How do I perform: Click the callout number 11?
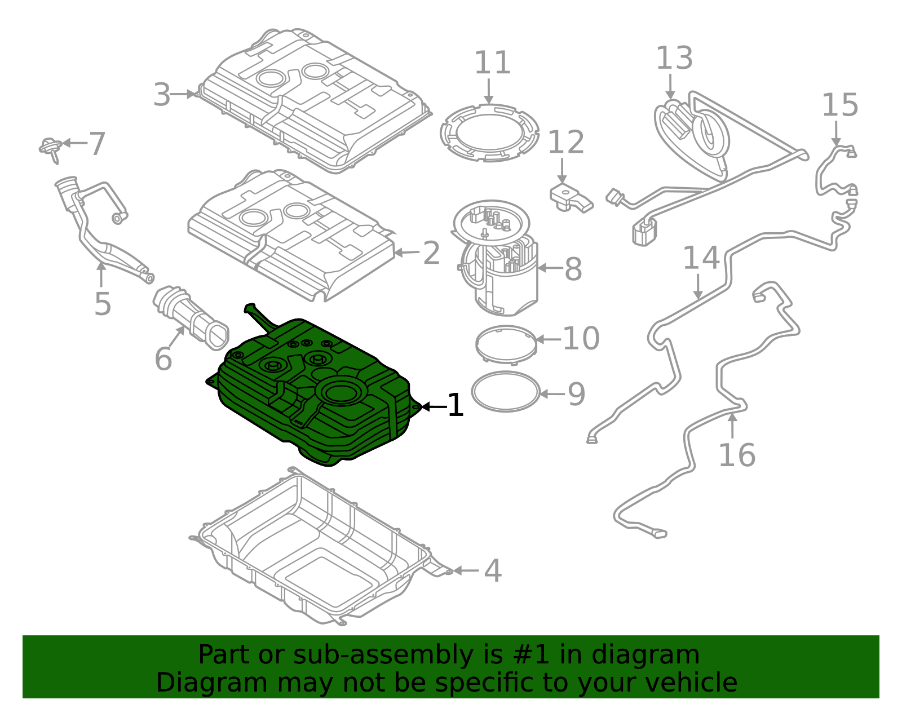pos(492,63)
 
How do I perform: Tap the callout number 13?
pos(674,59)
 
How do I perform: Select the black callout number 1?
pos(455,406)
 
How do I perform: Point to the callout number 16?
pos(736,455)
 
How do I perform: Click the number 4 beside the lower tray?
pos(493,571)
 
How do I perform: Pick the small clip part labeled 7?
pos(51,148)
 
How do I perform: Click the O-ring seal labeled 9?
pos(506,392)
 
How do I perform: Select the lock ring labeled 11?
pos(489,133)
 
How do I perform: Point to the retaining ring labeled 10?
pos(506,343)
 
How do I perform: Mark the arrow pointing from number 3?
pos(183,94)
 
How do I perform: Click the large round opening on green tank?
pos(341,391)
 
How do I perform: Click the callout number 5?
pos(102,304)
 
